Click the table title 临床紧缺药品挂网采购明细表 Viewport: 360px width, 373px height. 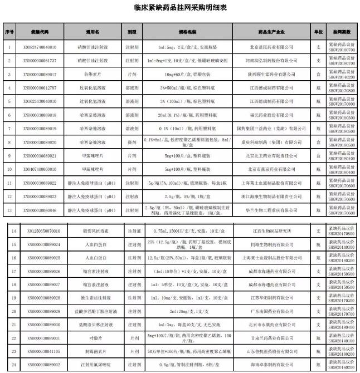[179, 8]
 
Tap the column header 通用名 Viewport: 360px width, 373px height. [92, 32]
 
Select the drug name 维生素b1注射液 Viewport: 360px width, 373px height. [93, 299]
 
